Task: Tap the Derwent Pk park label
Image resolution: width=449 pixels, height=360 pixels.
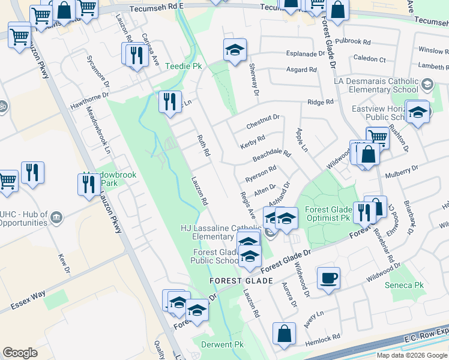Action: point(222,345)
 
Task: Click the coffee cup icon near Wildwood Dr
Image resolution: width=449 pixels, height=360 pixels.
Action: point(328,279)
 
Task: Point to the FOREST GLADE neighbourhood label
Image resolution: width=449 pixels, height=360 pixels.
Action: point(241,281)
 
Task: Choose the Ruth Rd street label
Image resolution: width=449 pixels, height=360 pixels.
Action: point(203,145)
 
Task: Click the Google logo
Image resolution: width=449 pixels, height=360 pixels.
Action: point(20,353)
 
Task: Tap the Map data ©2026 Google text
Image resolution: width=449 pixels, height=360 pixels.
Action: point(412,355)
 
